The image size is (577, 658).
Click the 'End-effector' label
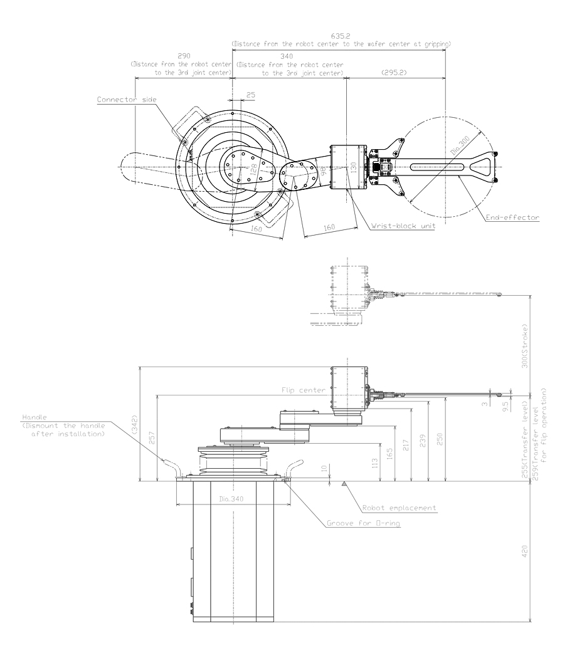tap(513, 218)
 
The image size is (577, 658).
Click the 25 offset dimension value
tap(251, 95)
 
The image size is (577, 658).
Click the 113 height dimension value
tap(374, 464)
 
